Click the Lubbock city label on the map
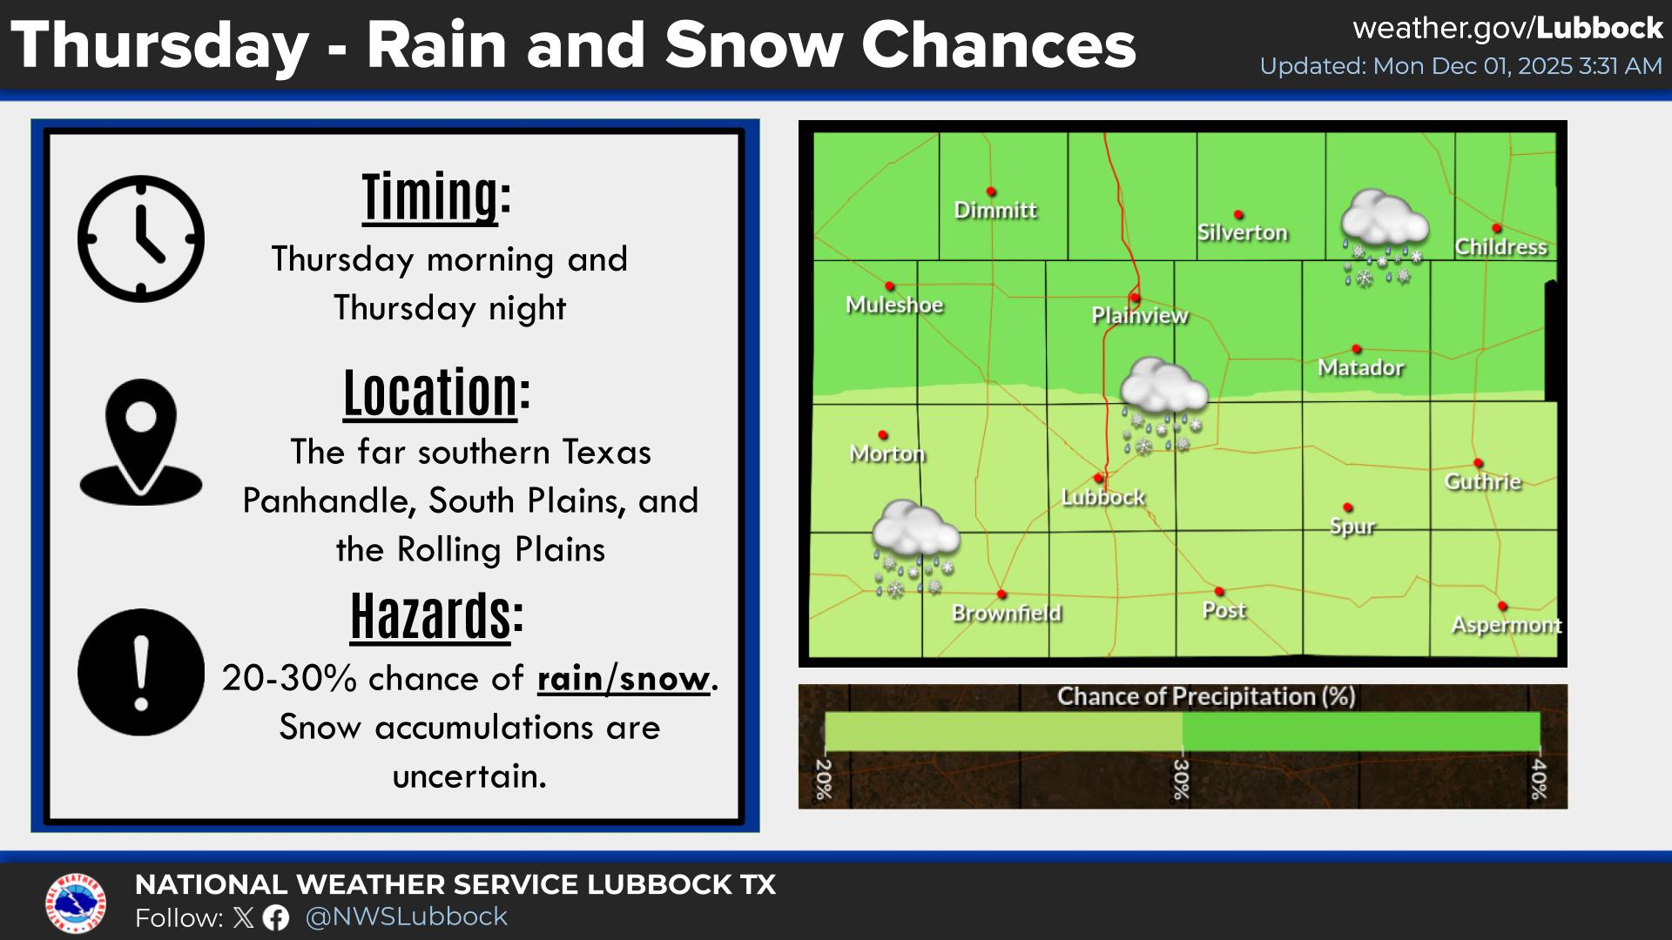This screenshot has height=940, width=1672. pyautogui.click(x=1103, y=497)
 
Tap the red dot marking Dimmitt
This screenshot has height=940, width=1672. pyautogui.click(x=991, y=191)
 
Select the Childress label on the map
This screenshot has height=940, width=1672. pyautogui.click(x=1500, y=247)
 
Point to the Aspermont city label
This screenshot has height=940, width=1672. pyautogui.click(x=1506, y=625)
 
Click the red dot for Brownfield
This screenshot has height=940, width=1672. pyautogui.click(x=1001, y=594)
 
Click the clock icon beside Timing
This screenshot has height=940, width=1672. pyautogui.click(x=141, y=238)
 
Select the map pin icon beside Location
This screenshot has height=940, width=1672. pyautogui.click(x=141, y=441)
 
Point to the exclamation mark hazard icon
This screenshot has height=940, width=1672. pyautogui.click(x=141, y=672)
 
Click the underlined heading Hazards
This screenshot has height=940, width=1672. pyautogui.click(x=430, y=616)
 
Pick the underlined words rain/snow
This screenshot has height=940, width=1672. pyautogui.click(x=623, y=679)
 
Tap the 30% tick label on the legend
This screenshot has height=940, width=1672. pyautogui.click(x=1181, y=779)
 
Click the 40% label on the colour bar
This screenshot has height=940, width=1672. pyautogui.click(x=1539, y=779)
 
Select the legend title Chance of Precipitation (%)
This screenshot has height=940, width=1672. pyautogui.click(x=1206, y=696)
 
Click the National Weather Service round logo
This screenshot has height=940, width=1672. pyautogui.click(x=76, y=902)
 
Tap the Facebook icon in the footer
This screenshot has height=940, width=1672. pyautogui.click(x=276, y=917)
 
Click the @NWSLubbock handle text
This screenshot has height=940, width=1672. pyautogui.click(x=407, y=916)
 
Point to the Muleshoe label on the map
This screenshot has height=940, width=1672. pyautogui.click(x=894, y=305)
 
